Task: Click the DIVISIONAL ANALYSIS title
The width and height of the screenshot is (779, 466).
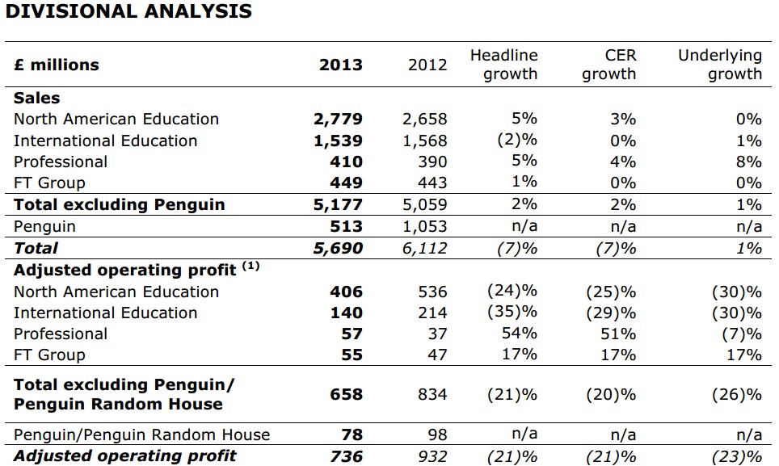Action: click(128, 11)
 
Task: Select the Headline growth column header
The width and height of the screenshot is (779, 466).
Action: click(503, 65)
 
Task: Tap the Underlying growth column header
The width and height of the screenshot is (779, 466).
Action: click(720, 65)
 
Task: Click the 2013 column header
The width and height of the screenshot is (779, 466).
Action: click(341, 65)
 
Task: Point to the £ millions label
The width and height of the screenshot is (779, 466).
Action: click(56, 65)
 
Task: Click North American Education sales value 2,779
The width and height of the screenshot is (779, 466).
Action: click(338, 119)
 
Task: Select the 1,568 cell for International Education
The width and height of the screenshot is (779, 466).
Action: click(425, 141)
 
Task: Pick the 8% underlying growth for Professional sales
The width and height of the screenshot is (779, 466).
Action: click(748, 162)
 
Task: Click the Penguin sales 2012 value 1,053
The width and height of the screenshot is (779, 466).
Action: click(425, 226)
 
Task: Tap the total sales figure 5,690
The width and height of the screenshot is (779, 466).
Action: click(338, 248)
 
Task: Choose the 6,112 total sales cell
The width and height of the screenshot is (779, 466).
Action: click(425, 248)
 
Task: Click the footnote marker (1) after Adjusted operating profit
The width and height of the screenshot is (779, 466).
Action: click(251, 266)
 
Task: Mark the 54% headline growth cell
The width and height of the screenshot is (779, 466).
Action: click(520, 333)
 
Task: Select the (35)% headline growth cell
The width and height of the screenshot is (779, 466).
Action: click(512, 312)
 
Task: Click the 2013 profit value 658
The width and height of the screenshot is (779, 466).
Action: click(347, 395)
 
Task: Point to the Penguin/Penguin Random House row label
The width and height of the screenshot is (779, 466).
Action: click(141, 435)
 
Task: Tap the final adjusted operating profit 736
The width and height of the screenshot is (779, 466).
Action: click(347, 456)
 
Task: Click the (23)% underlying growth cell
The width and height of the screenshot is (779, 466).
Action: click(737, 456)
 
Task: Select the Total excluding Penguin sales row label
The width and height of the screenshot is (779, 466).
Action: click(120, 204)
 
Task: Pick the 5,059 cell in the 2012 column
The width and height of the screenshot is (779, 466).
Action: click(425, 204)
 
